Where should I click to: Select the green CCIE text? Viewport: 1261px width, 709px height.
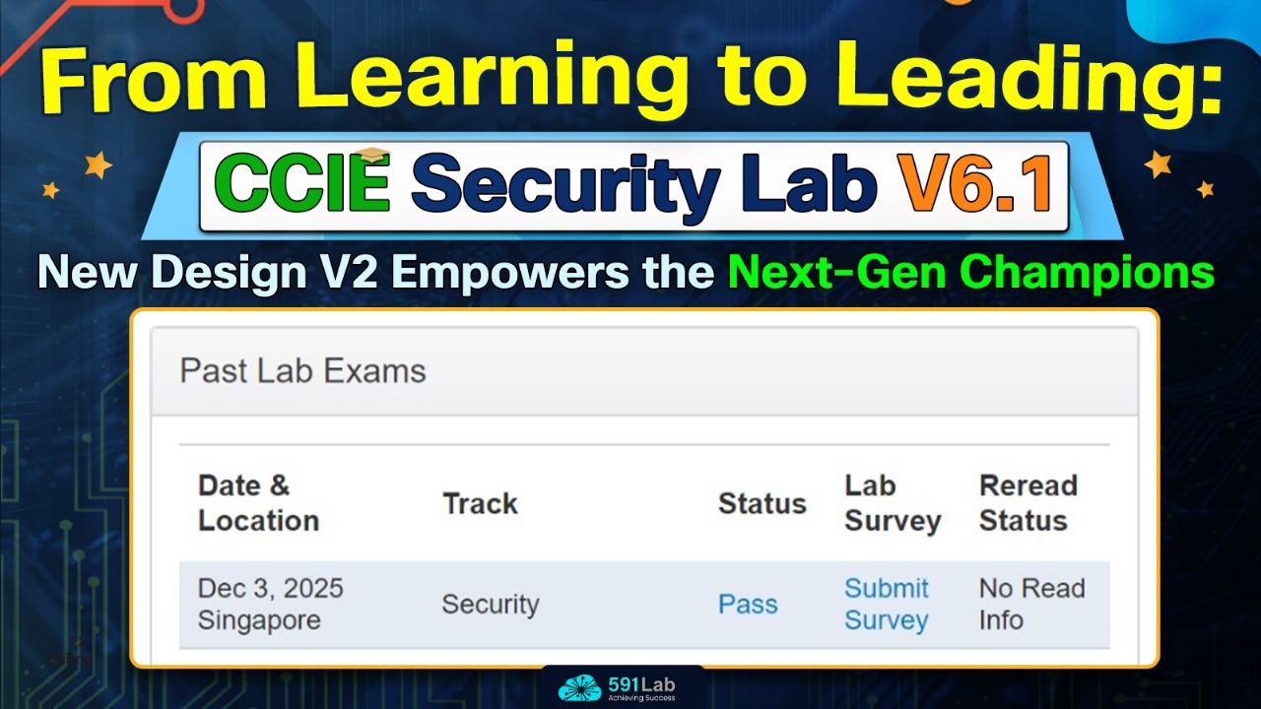(302, 183)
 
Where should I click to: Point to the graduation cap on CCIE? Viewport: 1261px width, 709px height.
(373, 155)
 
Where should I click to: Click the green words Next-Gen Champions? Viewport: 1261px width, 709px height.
(971, 272)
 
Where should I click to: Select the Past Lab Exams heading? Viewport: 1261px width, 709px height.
(302, 371)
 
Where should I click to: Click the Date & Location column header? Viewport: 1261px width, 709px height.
(258, 503)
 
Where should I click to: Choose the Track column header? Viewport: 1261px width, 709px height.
(480, 503)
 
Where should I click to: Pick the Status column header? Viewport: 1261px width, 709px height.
(763, 503)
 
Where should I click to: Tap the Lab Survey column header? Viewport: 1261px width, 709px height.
(893, 503)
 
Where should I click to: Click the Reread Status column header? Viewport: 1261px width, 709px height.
(1029, 503)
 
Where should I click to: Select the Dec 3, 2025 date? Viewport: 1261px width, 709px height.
(270, 589)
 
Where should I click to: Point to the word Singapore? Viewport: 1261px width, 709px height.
(259, 620)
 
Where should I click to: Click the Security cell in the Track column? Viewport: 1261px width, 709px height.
(491, 605)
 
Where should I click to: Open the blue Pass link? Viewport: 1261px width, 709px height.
(748, 605)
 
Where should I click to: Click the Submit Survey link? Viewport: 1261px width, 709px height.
(886, 605)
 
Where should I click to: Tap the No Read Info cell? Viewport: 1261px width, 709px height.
(1031, 605)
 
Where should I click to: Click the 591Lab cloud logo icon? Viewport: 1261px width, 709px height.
(579, 687)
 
